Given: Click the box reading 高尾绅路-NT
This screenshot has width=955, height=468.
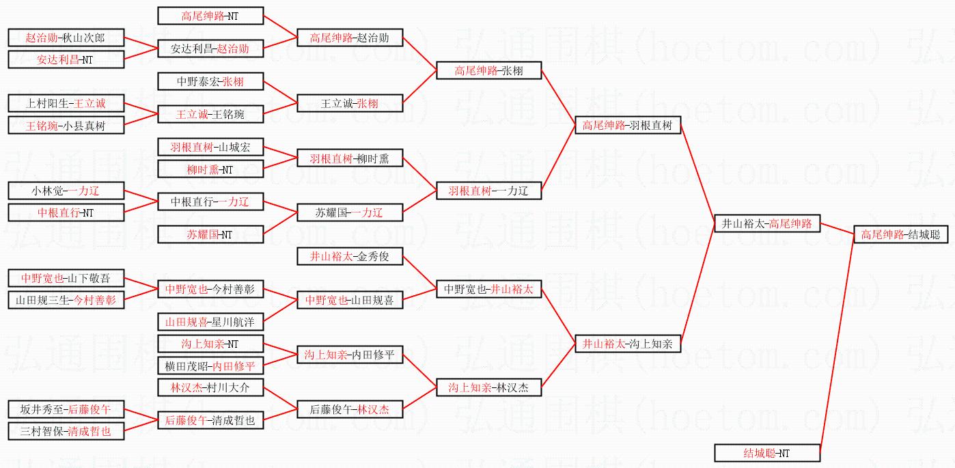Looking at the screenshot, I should point(210,16).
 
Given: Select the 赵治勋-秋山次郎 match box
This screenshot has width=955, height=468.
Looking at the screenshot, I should point(66,38).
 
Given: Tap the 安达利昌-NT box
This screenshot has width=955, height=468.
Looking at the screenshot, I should point(66,59).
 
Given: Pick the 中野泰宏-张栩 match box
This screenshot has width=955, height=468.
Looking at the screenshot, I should point(210,81).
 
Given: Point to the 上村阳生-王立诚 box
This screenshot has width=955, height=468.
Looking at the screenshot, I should point(66,103).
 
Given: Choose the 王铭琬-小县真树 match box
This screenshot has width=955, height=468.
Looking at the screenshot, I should point(66,125).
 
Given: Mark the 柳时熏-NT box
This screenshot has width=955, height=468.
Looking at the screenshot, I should point(210,169).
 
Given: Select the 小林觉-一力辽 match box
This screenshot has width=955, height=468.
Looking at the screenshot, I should point(66,191).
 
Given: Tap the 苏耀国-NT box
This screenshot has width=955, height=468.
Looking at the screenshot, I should point(210,234).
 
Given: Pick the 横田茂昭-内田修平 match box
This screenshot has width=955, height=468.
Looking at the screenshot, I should point(210,366).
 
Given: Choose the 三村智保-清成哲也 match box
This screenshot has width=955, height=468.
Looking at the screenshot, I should point(66,431).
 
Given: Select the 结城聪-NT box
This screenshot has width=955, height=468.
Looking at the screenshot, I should point(766,452).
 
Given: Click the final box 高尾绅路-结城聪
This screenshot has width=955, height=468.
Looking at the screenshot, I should point(900,234).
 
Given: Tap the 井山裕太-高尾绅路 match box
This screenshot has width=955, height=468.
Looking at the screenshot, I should point(766,223).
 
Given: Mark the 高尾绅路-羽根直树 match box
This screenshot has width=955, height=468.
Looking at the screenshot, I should point(627,125).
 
